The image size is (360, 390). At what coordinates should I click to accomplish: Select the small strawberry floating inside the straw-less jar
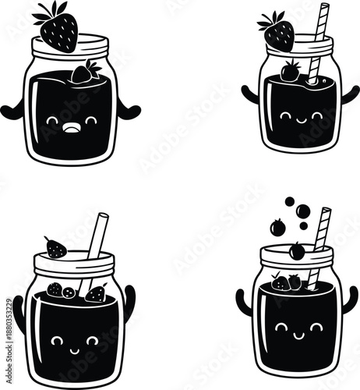click(x=83, y=73)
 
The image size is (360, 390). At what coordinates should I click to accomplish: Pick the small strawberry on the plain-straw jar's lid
click(x=56, y=248)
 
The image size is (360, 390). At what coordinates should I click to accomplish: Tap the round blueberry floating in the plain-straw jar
click(x=69, y=292)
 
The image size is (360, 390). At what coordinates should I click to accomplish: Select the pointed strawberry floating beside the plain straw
click(x=96, y=294)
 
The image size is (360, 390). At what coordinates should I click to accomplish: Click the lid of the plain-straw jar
click(x=74, y=264)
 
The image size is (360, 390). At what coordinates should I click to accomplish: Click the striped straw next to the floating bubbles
click(x=319, y=234)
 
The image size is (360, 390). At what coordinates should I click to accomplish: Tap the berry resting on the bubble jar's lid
click(x=296, y=251)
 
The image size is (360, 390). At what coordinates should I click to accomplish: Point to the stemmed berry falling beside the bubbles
click(x=278, y=227)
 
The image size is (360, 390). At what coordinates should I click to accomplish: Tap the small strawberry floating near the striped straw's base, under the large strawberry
click(x=291, y=73)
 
